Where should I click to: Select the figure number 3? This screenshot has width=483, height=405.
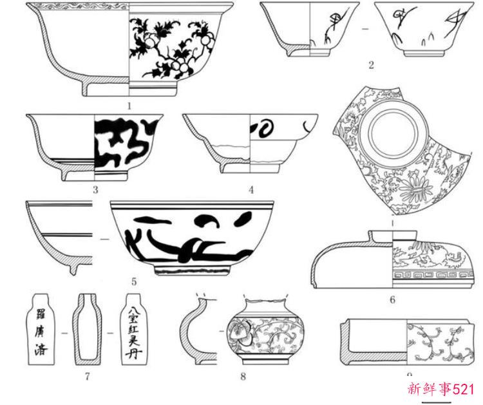click(x=95, y=189)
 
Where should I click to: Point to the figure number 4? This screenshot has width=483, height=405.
click(x=251, y=189)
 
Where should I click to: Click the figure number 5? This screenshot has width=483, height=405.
click(x=134, y=281)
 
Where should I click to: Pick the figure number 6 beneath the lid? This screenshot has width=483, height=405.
click(x=392, y=299)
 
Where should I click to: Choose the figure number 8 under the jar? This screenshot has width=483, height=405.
click(x=243, y=376)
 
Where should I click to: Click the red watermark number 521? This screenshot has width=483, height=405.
click(x=463, y=389)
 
